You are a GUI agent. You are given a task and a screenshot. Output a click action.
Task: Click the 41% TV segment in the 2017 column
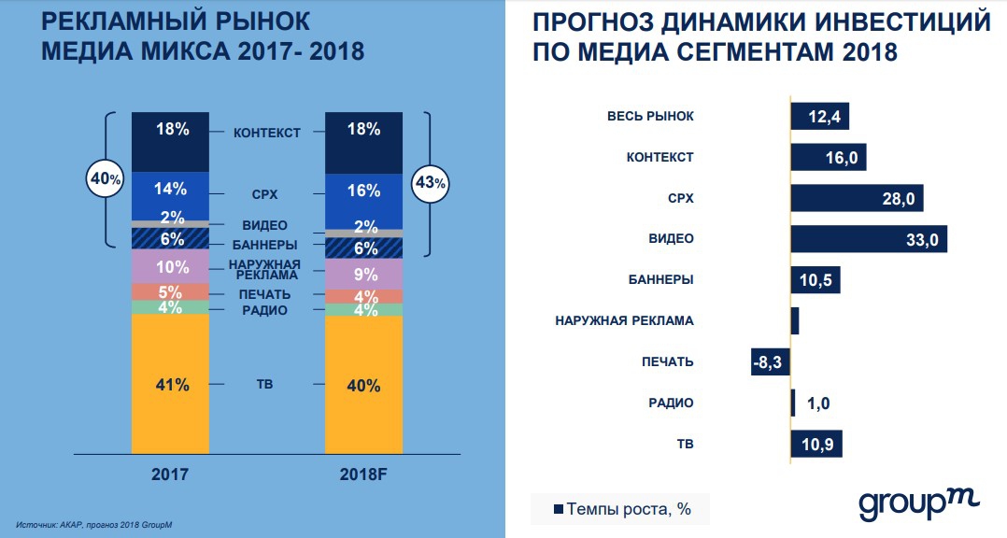(x=170, y=384)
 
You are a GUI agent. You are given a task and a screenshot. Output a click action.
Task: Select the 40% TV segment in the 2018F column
(x=364, y=385)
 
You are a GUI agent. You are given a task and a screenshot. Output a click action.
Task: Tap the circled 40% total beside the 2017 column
(x=103, y=177)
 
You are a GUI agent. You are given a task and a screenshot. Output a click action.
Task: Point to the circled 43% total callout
(x=431, y=183)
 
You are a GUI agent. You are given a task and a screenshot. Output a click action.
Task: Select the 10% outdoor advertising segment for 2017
(x=170, y=267)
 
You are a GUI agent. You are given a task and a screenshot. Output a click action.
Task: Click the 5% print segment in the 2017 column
(x=170, y=291)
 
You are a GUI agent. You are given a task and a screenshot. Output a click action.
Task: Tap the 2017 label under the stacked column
(x=170, y=474)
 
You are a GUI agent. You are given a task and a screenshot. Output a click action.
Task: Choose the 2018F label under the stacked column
(x=364, y=474)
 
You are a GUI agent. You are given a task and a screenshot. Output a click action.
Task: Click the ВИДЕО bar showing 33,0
(x=869, y=238)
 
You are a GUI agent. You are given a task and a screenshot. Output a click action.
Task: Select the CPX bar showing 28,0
(x=857, y=198)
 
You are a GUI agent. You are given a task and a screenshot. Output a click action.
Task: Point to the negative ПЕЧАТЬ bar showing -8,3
(x=771, y=361)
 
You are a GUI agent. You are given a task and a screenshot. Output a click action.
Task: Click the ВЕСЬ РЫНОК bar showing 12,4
(x=819, y=116)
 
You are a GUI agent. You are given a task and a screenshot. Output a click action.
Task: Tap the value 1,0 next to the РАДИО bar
(x=817, y=403)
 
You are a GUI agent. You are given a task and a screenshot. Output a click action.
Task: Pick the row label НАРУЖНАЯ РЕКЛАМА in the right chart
(x=624, y=320)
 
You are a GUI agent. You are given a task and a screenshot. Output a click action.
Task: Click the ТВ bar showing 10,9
(x=816, y=444)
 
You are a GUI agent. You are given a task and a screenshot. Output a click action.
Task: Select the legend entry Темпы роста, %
(x=622, y=509)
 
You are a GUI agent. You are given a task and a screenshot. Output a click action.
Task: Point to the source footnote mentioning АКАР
(x=93, y=525)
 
